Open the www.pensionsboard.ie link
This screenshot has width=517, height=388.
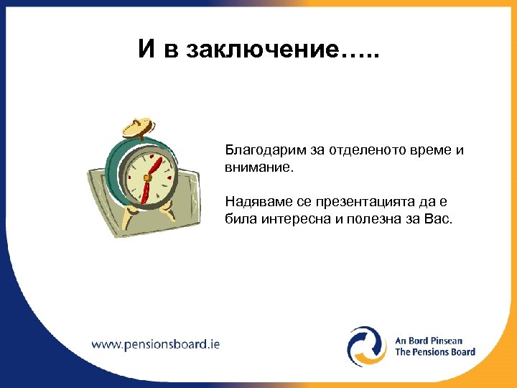coord(155,343)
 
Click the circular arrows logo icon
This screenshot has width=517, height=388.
coord(367,346)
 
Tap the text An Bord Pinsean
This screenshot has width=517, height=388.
coord(429,341)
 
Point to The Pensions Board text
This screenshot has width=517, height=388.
coord(435,352)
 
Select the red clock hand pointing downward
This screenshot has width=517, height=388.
coord(146,190)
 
